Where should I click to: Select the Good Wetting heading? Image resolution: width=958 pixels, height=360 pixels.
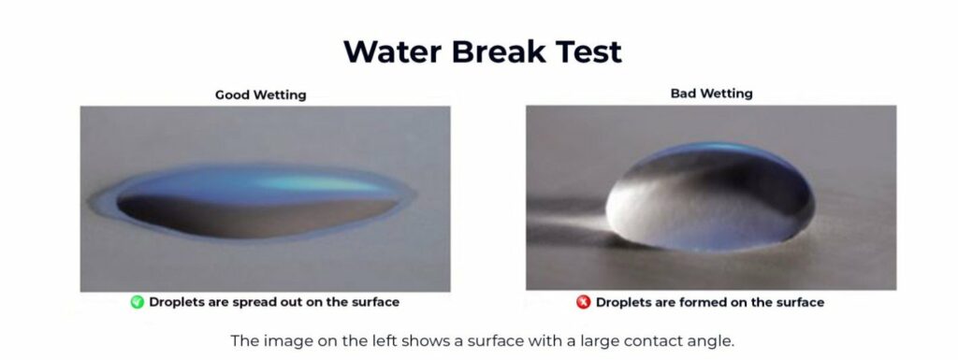(260, 94)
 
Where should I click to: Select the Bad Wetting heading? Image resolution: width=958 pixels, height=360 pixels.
(711, 94)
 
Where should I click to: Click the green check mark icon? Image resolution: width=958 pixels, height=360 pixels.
(137, 302)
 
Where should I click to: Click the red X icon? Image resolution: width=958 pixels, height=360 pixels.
(584, 302)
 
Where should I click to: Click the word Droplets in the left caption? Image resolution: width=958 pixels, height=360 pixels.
(178, 302)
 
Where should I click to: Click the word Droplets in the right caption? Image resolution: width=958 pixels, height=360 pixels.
(625, 302)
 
